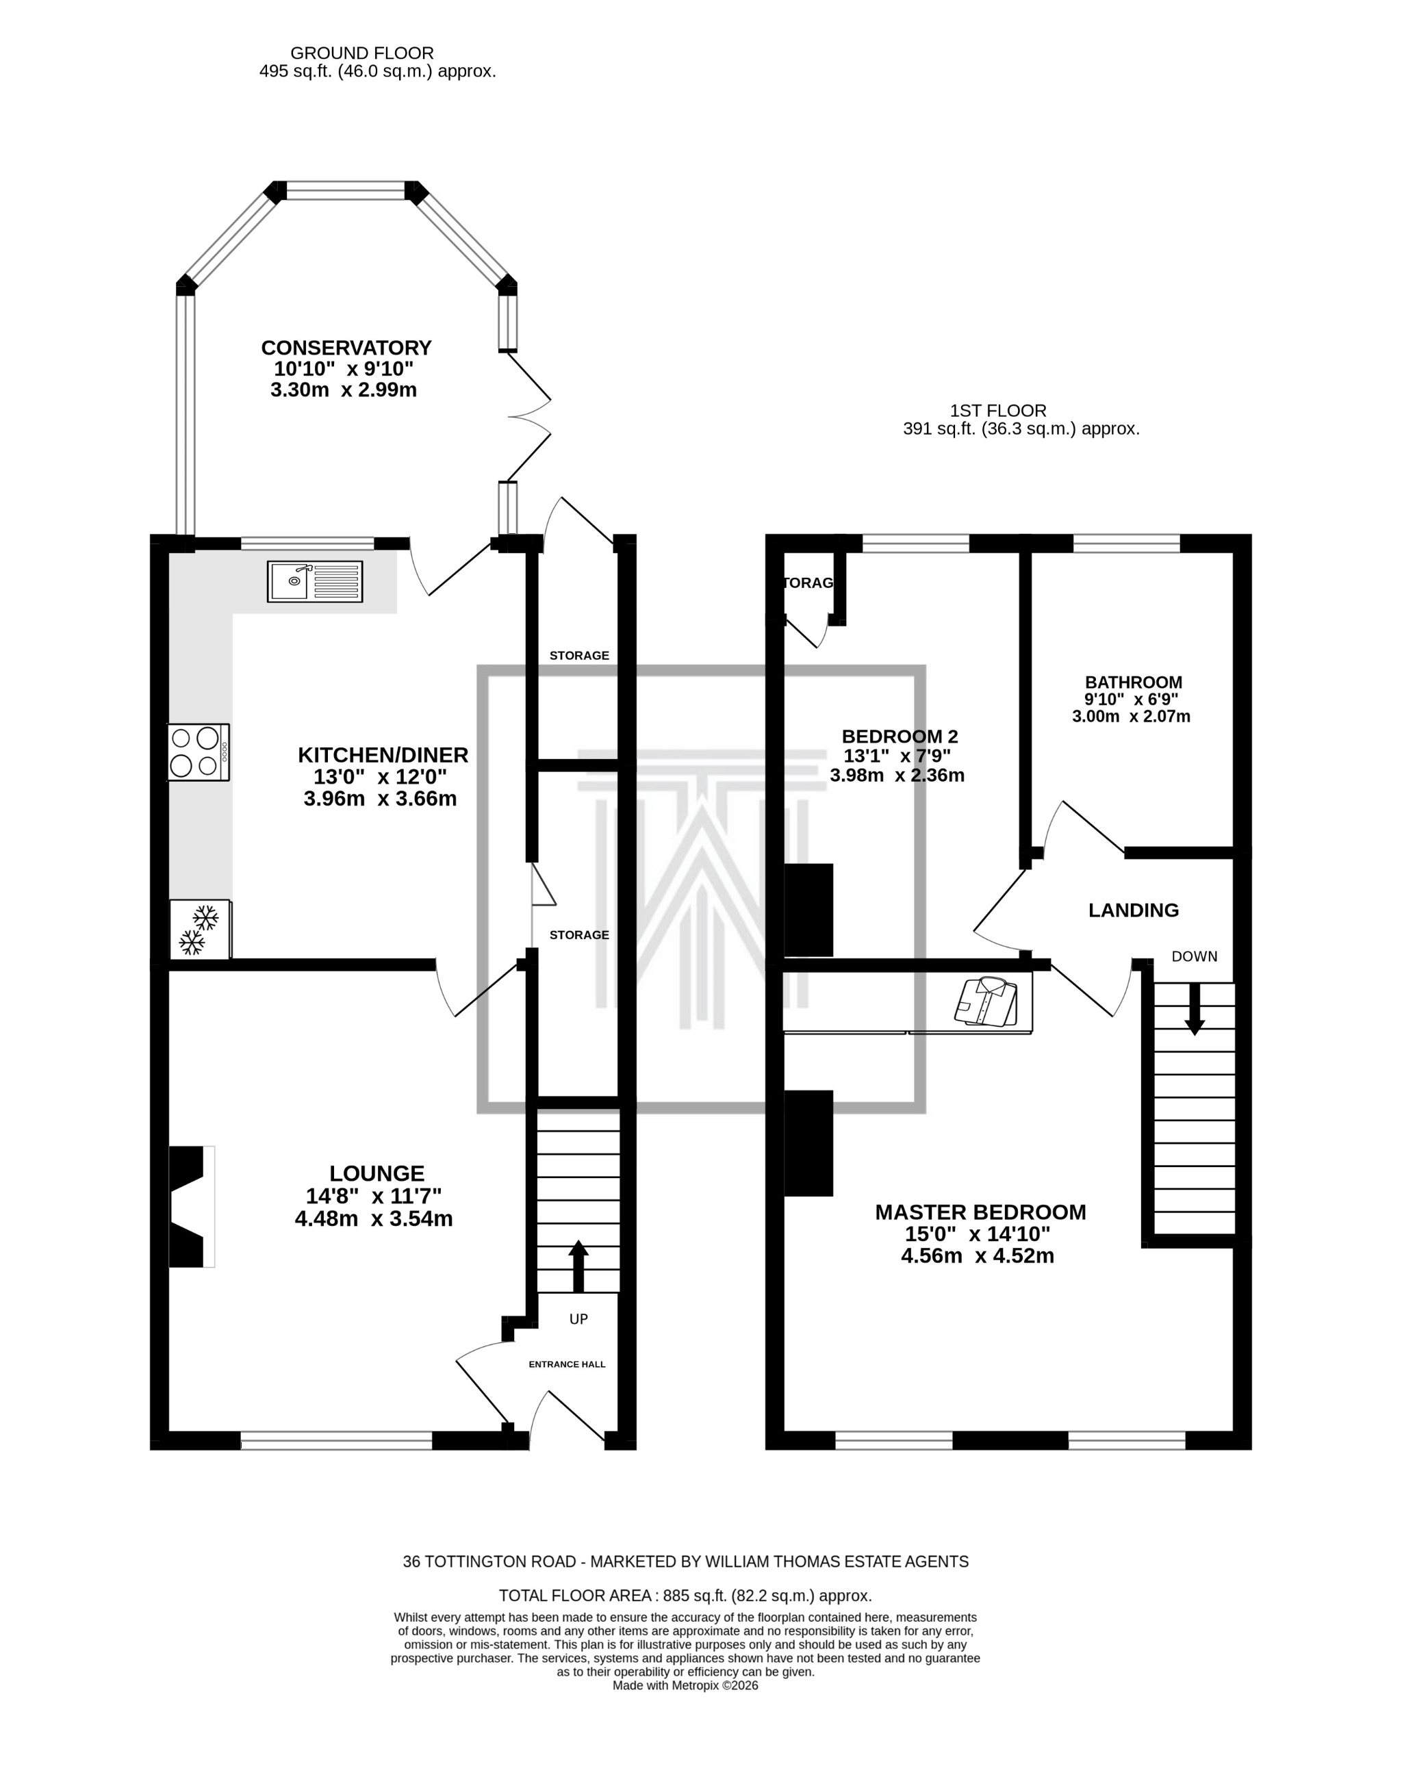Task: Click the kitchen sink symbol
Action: pyautogui.click(x=314, y=581)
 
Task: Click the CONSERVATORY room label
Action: pyautogui.click(x=346, y=348)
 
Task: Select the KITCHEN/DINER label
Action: pyautogui.click(x=383, y=754)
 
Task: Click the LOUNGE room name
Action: pyautogui.click(x=377, y=1174)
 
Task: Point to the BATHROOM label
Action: pyautogui.click(x=1134, y=682)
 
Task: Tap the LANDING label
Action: pyautogui.click(x=1134, y=910)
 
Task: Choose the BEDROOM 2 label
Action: pyautogui.click(x=900, y=737)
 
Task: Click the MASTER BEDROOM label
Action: pyautogui.click(x=980, y=1212)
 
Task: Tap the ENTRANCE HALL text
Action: pyautogui.click(x=568, y=1364)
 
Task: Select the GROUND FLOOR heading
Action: pyautogui.click(x=362, y=53)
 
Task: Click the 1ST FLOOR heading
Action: pyautogui.click(x=998, y=411)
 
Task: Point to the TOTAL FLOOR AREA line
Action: pyautogui.click(x=685, y=1596)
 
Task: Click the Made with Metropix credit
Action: pyautogui.click(x=685, y=1685)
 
